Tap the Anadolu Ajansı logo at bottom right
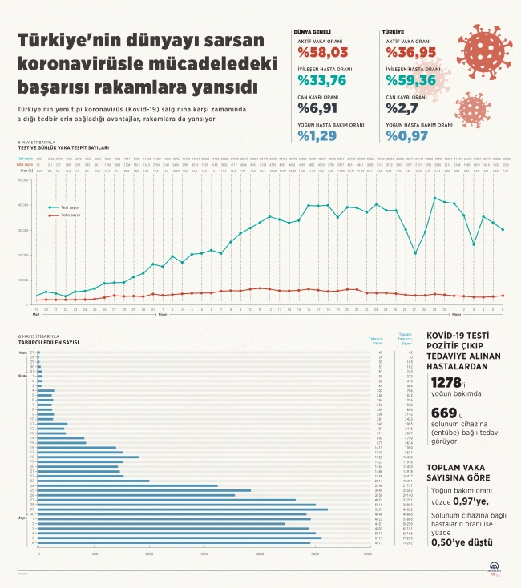click(x=486, y=568)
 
